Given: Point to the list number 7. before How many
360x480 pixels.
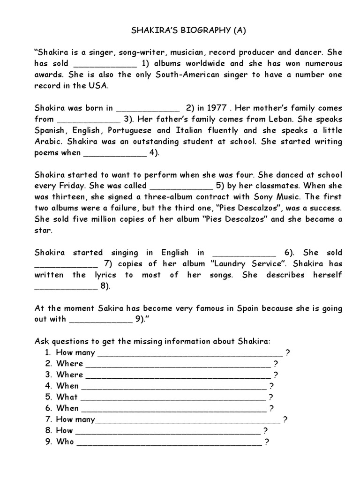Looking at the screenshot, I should point(48,420).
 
